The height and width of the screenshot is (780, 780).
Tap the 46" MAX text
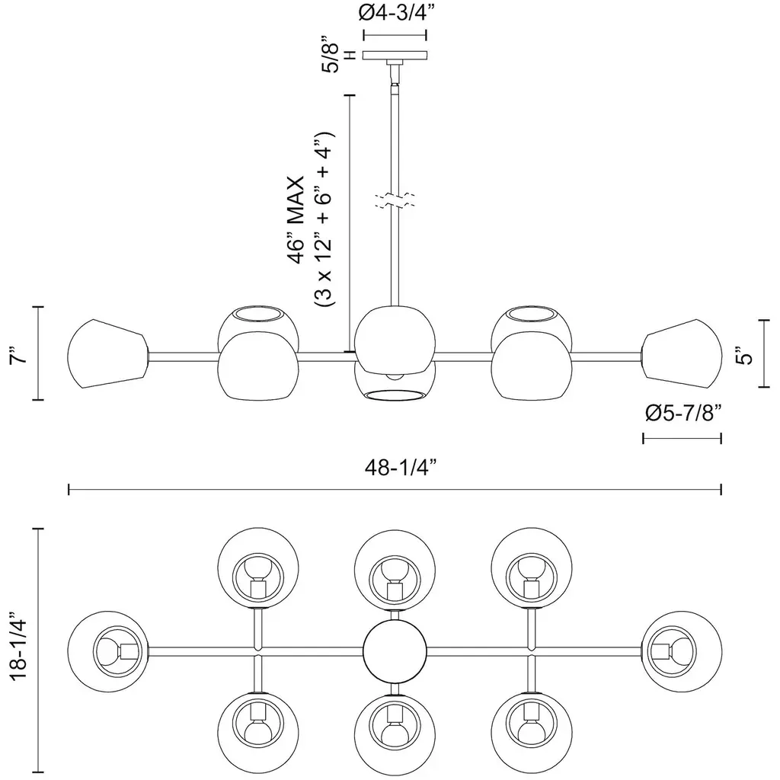click(296, 220)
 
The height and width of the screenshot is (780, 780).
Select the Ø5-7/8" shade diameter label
click(682, 413)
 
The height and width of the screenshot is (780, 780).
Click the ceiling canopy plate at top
click(395, 56)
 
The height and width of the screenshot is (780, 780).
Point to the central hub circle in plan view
click(395, 652)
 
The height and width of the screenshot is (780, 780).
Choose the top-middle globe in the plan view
click(395, 570)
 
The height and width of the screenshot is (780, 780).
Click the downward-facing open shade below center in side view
click(394, 385)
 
